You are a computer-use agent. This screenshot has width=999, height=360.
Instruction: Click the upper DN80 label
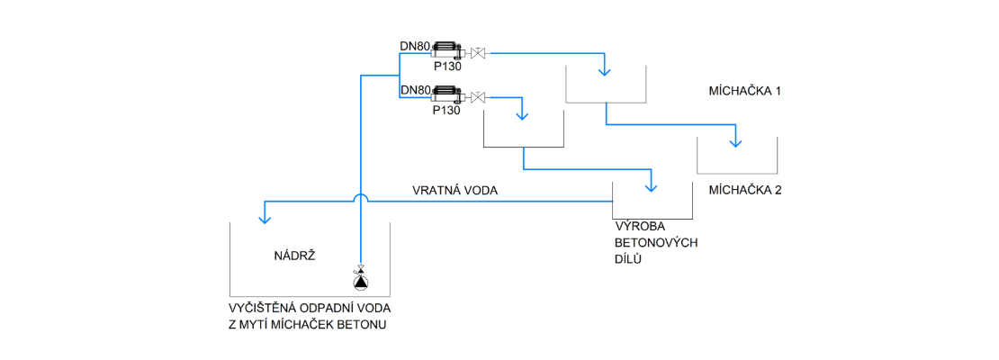415,45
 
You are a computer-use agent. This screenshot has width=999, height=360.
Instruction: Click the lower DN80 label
415,90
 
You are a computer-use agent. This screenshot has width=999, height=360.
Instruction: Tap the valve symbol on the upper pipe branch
479,52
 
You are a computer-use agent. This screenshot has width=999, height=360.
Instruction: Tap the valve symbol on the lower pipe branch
479,96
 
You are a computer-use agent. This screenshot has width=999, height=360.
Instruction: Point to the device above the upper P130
446,50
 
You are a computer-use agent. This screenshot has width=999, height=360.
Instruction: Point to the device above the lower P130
446,94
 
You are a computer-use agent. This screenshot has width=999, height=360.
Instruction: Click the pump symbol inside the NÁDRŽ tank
360,281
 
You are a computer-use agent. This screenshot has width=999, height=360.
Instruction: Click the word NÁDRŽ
292,256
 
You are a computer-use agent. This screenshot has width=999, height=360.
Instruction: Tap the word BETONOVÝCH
656,244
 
